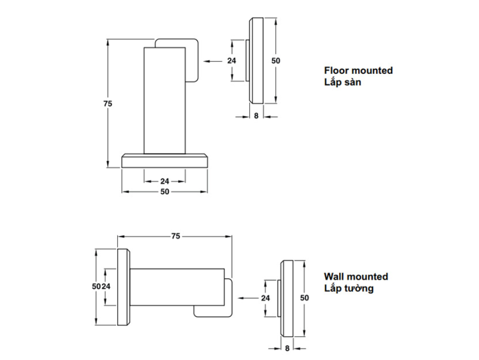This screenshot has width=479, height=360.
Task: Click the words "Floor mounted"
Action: [358, 71]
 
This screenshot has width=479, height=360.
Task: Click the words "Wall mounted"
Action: [356, 276]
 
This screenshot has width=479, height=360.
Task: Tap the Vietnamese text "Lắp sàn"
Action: [342, 82]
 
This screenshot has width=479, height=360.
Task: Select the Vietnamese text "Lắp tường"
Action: [349, 288]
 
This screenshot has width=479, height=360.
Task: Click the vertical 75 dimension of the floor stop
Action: [108, 104]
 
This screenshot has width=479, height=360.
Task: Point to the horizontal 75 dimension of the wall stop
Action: [175, 236]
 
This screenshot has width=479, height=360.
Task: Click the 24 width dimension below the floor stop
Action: [165, 181]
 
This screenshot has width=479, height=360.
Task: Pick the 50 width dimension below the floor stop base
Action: [165, 192]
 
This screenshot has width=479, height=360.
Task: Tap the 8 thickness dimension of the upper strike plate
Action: [257, 116]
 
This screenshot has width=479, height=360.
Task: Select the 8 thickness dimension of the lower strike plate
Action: [287, 349]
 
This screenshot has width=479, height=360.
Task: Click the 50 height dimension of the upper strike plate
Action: [276, 61]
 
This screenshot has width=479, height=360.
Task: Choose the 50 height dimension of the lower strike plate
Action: [304, 298]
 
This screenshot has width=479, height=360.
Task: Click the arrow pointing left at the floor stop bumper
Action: [213, 61]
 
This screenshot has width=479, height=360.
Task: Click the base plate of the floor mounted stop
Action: [165, 161]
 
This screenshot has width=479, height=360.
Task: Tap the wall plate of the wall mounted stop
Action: [124, 287]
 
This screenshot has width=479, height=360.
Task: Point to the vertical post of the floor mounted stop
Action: [165, 101]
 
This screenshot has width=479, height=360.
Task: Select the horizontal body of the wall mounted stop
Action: [177, 287]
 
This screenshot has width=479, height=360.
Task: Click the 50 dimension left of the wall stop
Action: [96, 286]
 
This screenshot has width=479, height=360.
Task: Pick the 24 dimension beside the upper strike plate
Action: [232, 61]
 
